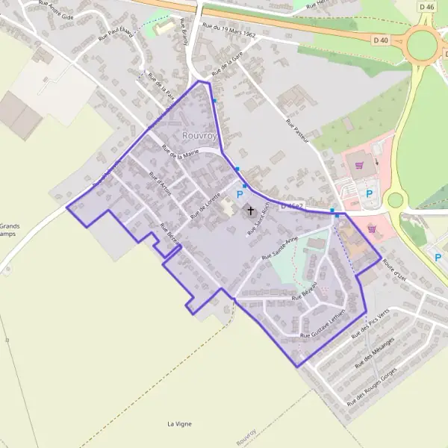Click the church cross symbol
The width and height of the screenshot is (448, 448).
[249, 211]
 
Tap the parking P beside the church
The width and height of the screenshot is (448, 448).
[240, 195]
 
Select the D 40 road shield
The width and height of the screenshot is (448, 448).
[380, 40]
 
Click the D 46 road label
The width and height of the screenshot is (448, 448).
[426, 7]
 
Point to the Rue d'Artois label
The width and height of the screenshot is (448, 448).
[161, 184]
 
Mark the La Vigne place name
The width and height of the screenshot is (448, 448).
[179, 423]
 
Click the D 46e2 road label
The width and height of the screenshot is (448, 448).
[292, 205]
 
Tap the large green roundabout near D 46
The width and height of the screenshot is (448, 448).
[422, 45]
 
